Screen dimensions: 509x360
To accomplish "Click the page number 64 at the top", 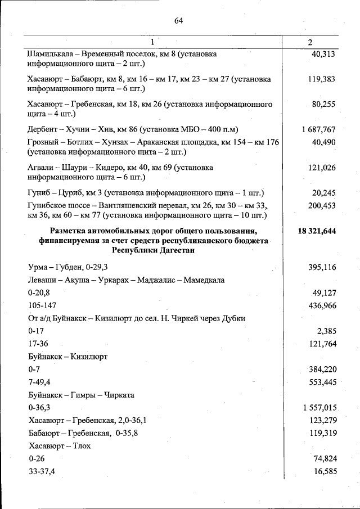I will [179, 21].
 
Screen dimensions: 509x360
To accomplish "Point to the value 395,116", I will [322, 267].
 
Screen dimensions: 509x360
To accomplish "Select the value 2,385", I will [327, 331].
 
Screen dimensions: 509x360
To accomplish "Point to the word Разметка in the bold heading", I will [71, 231].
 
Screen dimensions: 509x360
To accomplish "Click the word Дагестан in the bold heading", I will [175, 250].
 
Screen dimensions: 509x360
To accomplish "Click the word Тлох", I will [80, 445].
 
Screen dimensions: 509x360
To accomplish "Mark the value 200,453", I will [322, 205].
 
